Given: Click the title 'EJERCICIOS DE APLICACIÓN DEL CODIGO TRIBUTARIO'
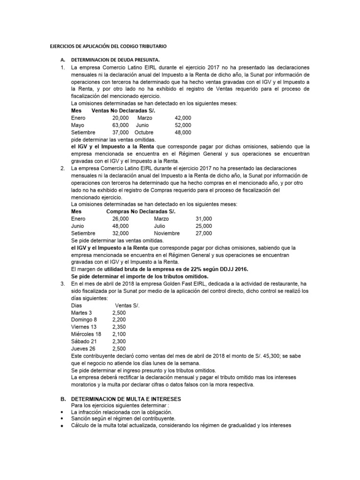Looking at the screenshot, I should coord(108,47).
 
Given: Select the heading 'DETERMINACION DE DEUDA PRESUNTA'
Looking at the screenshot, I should coord(115,60).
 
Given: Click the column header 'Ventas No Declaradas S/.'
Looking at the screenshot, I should coord(123,111).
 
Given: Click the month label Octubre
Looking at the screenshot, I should coord(144,133).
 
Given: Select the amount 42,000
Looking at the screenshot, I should coord(183,118).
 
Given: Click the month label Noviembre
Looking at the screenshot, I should coord(166,233).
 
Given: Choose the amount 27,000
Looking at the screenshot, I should coord(203,233).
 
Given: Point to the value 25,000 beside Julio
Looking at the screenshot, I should coord(203,226).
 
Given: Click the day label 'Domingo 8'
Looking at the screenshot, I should coord(84,319).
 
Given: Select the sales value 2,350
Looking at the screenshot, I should coord(119,327).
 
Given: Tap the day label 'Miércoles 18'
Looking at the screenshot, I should coord(86,334).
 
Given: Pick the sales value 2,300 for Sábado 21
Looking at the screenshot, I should coord(119,341).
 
